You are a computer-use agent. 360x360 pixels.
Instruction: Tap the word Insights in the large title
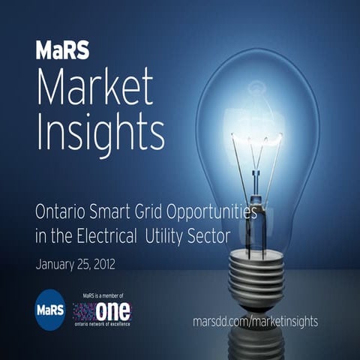[x=100, y=133]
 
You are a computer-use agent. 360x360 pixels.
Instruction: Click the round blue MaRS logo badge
[x=50, y=309]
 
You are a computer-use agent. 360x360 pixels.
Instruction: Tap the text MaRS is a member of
[x=101, y=297]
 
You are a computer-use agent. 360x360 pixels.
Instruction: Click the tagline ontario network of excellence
[x=101, y=324]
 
